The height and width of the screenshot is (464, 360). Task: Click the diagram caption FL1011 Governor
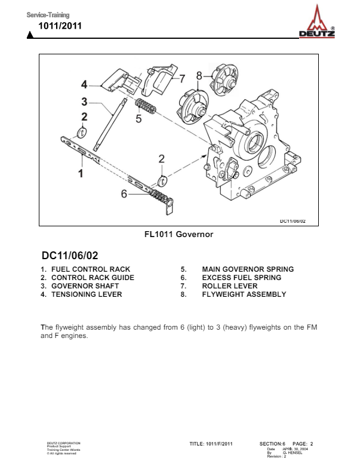(179, 234)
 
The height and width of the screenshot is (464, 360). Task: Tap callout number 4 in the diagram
(84, 84)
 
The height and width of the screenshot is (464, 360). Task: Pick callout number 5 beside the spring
(139, 118)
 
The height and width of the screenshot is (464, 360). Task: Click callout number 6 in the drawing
(124, 193)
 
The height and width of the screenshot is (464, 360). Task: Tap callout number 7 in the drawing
(182, 78)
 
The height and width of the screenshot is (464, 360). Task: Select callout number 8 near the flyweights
(199, 75)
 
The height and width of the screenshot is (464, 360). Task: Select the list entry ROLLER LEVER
(230, 286)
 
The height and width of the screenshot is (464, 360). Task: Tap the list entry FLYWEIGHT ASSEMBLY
(244, 294)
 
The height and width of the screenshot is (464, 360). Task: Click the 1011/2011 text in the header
(60, 26)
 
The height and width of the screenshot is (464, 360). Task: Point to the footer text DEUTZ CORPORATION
(64, 443)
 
